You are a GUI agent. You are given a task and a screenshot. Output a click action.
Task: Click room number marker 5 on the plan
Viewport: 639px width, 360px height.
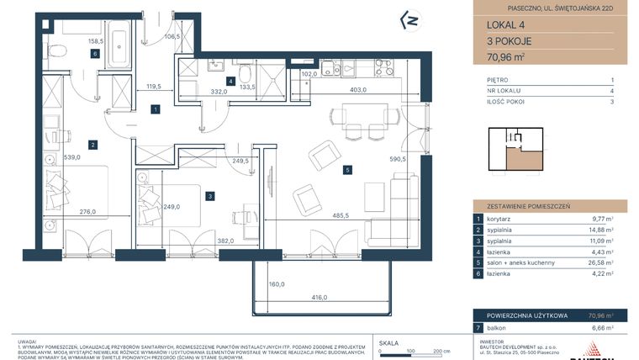[346, 170]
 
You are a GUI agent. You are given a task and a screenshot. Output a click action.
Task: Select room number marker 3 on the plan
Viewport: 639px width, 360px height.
[209, 196]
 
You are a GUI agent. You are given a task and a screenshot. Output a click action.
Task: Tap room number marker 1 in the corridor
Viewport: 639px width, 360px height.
[156, 109]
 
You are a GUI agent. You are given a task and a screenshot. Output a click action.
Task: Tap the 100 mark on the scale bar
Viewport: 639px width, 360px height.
[409, 353]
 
